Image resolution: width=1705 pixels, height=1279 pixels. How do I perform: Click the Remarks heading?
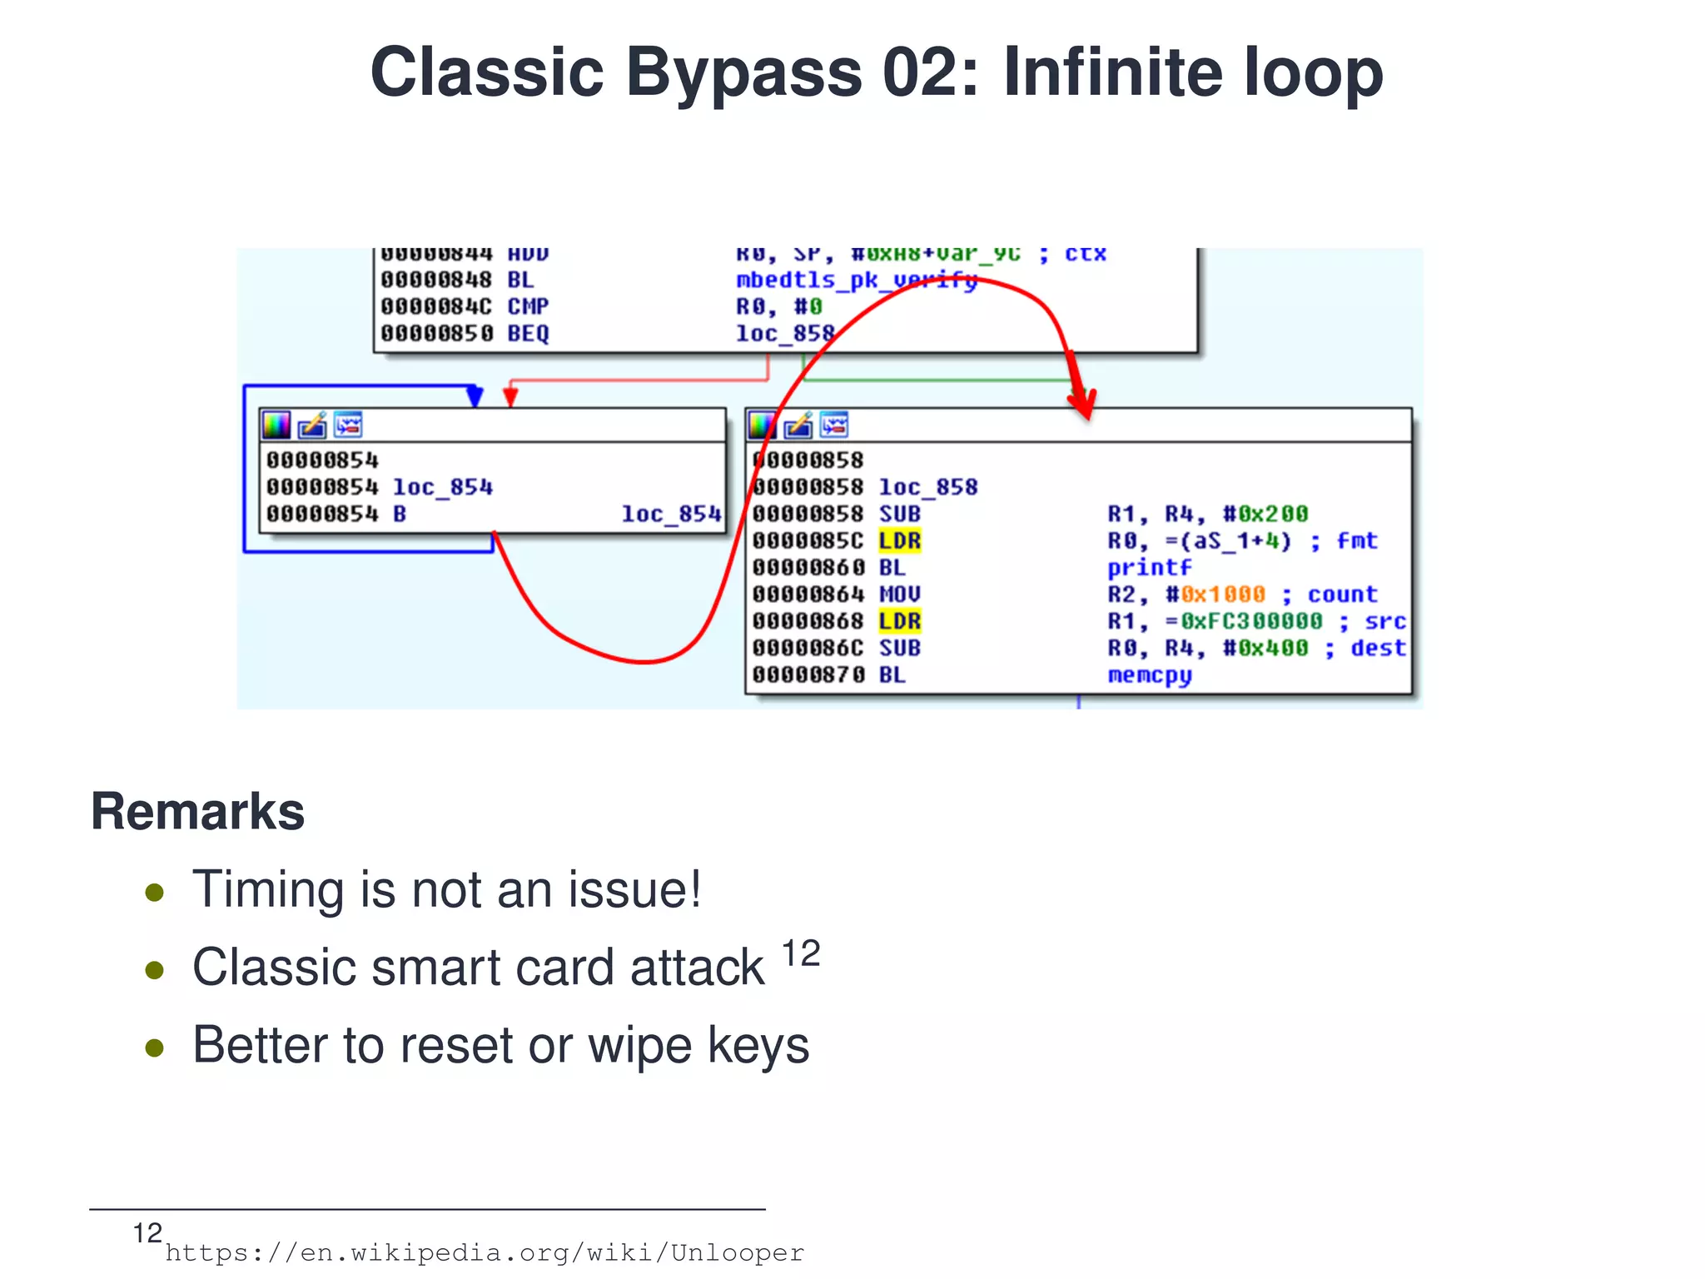pos(197,811)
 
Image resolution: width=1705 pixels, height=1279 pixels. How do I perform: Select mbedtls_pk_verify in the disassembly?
pos(856,280)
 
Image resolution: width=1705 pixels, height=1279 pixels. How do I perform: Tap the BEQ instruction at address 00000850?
pos(528,334)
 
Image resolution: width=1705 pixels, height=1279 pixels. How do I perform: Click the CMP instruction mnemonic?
pos(528,306)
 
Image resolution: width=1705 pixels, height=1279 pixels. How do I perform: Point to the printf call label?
pos(1149,568)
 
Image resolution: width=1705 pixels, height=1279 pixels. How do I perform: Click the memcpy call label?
pos(1149,674)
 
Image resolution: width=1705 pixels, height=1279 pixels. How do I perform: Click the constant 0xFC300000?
pos(1250,621)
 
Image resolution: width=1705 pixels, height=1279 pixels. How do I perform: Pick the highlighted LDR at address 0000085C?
pos(899,541)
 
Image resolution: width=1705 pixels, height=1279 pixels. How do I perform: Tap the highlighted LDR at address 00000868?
pos(899,621)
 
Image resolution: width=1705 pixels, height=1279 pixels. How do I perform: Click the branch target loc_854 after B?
pos(670,515)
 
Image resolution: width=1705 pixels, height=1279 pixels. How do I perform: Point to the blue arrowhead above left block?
pos(475,396)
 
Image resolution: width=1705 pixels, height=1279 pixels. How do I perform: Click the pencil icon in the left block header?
pos(312,426)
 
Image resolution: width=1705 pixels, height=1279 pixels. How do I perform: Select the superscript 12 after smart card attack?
pos(801,954)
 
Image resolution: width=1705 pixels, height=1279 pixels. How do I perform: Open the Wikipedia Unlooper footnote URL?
pos(485,1253)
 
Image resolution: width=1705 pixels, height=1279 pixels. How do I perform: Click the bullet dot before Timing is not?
pos(154,893)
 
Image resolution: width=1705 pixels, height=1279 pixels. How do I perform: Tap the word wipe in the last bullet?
pos(639,1046)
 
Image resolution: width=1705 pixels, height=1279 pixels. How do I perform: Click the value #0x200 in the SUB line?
pos(1265,515)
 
